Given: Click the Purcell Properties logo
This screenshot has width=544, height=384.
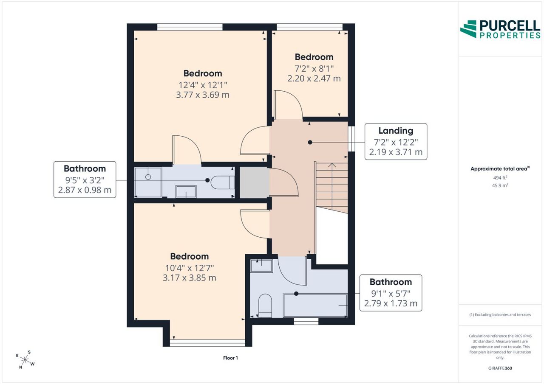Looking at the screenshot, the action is pos(500,29).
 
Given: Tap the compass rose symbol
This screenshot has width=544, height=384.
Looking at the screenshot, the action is pos(25,360).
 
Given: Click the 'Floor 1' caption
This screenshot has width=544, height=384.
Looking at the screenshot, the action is pos(230,358).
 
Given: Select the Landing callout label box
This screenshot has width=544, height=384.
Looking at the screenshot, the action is pos(396,142).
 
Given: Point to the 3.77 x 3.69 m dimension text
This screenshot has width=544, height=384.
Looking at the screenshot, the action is pos(203,95).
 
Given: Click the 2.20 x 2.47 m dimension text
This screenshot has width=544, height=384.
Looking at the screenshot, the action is pos(314,78).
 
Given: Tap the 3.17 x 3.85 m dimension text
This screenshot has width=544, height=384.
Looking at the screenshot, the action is pos(190,278).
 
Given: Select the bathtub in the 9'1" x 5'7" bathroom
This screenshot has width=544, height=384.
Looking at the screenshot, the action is pos(315,306).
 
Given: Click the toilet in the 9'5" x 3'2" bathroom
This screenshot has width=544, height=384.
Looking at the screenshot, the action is pos(222,182).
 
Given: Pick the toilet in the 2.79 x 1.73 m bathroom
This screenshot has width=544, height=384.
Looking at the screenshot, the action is pos(265,306).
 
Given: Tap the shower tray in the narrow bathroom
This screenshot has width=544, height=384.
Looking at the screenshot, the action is pos(148,182).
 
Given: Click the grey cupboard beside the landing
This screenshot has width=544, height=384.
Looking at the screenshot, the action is pos(255,182).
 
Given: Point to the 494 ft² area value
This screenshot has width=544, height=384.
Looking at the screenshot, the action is pos(500,178).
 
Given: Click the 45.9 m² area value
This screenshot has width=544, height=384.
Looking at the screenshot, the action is pos(500,185).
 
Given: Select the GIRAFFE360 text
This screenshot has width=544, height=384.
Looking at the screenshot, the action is pos(500,368).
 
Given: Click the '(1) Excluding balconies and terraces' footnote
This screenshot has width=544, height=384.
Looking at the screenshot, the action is pos(500,315).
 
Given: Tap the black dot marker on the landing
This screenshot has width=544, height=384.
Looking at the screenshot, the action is pos(310,142).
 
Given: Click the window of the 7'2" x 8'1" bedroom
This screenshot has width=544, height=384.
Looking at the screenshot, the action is pos(310,27).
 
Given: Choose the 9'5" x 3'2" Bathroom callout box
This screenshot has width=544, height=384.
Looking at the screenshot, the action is pos(85,179).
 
